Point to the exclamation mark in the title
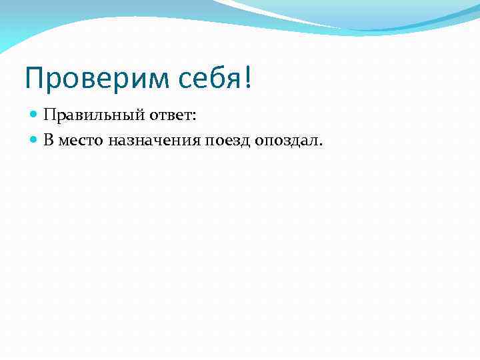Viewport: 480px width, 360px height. tap(248, 79)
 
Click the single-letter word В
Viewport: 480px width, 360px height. tap(49, 140)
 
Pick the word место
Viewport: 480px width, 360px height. tap(77, 141)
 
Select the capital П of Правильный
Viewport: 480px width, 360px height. tap(49, 116)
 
